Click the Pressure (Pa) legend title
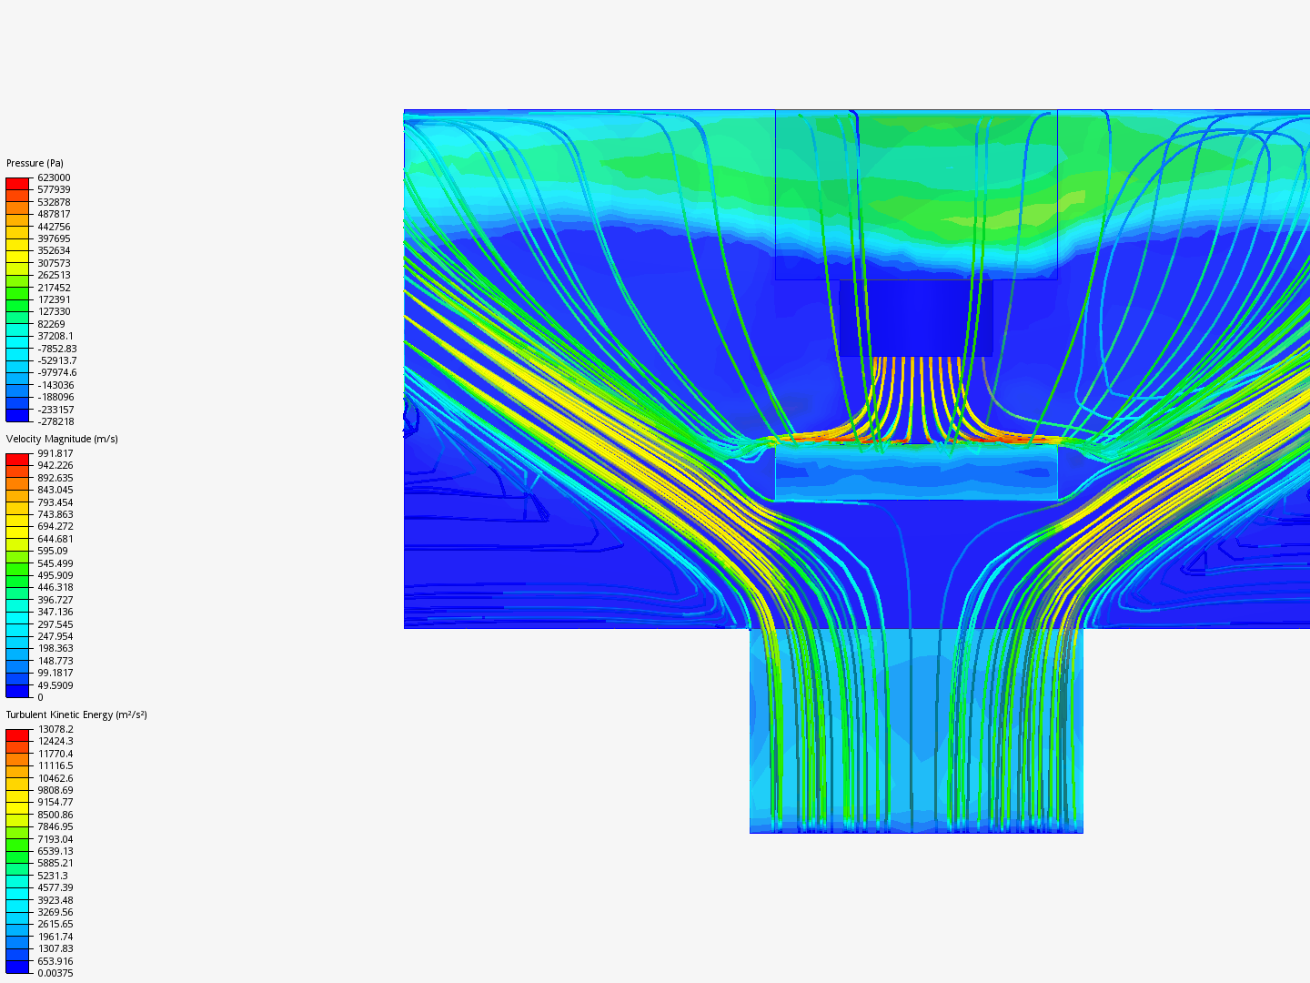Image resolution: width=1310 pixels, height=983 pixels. [x=35, y=163]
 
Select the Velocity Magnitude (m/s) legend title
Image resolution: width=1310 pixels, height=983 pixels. [x=62, y=439]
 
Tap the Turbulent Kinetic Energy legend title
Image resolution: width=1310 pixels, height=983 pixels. [x=76, y=714]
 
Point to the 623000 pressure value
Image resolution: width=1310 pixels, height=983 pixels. [x=54, y=177]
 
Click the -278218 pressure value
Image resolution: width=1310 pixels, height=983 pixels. [x=55, y=421]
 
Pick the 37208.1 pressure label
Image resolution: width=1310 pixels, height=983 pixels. [x=55, y=336]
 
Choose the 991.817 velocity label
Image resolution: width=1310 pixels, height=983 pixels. [x=55, y=453]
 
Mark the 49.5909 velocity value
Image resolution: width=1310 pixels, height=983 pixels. [x=55, y=685]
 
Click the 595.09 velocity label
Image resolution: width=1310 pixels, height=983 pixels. [x=53, y=551]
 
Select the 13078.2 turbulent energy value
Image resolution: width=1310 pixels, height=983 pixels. [x=56, y=729]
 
